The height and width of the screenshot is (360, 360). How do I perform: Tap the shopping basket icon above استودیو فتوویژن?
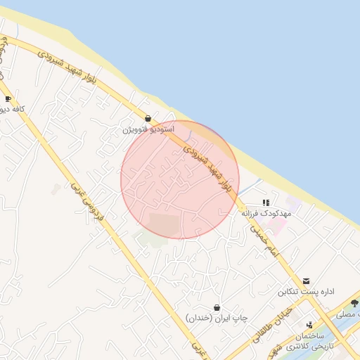tap(148, 119)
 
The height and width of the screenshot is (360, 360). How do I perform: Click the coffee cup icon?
tap(8, 99)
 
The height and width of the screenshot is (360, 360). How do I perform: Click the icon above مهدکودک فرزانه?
tap(265, 202)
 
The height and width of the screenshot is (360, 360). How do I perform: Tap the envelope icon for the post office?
tap(305, 281)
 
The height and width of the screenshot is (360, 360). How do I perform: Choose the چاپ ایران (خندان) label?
tap(217, 318)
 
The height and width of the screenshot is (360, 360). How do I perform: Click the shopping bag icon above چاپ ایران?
tap(217, 307)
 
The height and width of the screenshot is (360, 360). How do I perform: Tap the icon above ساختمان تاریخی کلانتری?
tap(309, 325)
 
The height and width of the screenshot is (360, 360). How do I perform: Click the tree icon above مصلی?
tap(354, 303)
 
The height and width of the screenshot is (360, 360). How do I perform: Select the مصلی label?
tap(348, 314)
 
